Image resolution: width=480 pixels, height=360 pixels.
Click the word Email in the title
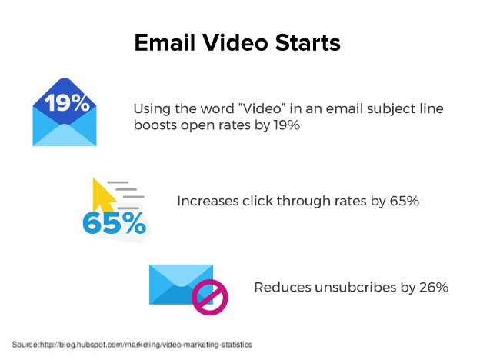(x=165, y=42)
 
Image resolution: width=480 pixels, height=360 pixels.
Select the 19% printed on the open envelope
(x=67, y=102)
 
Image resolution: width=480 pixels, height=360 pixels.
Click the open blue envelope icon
(x=65, y=112)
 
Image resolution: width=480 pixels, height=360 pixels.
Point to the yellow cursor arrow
(x=103, y=195)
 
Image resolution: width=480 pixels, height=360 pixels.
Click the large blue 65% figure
(x=114, y=224)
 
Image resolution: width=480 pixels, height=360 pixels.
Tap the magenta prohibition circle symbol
(x=210, y=297)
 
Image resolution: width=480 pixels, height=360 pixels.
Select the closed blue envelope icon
(x=181, y=285)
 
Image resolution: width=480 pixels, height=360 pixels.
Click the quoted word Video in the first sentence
(x=262, y=108)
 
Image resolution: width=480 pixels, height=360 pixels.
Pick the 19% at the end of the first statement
(x=286, y=125)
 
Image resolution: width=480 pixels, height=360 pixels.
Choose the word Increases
(x=208, y=201)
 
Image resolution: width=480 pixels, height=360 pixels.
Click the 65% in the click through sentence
(x=404, y=201)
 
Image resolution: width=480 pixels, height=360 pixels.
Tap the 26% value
(x=434, y=288)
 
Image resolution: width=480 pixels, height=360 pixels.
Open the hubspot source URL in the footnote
(x=146, y=345)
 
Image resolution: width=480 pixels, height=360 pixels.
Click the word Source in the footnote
(x=25, y=345)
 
